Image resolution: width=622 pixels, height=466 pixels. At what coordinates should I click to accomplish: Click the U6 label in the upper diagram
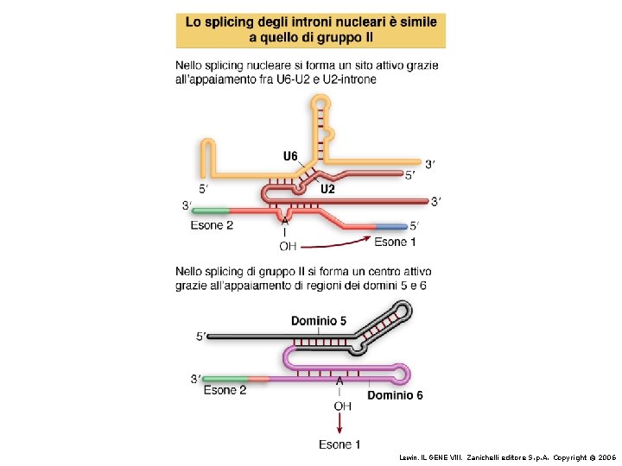(290, 156)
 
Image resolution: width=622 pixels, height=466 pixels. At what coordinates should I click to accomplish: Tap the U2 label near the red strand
(328, 189)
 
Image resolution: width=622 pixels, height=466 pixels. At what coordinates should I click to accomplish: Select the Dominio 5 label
(318, 321)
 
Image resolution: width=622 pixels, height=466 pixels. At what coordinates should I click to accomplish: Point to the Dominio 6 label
(396, 396)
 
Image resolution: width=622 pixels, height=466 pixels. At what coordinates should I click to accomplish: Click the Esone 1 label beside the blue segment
(396, 242)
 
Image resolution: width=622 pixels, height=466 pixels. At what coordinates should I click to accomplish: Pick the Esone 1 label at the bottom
(340, 444)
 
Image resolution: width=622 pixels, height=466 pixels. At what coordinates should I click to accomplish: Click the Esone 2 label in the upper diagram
(212, 225)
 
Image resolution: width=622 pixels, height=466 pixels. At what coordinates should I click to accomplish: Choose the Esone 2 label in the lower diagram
(225, 390)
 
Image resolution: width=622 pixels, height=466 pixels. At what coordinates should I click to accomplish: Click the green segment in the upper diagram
(211, 210)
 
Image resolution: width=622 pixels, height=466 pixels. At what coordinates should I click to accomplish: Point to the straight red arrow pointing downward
(340, 424)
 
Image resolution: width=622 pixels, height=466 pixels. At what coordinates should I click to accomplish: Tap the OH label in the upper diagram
(288, 245)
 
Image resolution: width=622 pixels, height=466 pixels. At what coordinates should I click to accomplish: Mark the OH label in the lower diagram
(342, 405)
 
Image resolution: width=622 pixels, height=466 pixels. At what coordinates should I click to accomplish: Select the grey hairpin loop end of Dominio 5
(399, 312)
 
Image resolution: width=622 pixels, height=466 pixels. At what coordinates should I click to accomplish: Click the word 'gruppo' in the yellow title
(349, 37)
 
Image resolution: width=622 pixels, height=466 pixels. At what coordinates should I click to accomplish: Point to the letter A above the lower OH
(340, 381)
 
